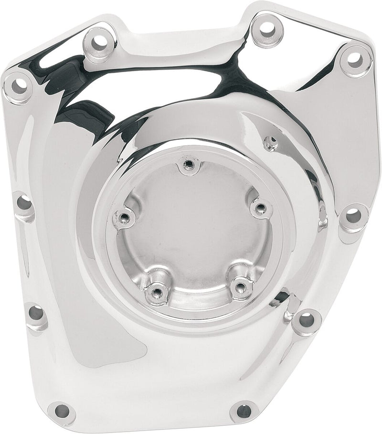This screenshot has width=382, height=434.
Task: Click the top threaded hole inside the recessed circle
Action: (x=189, y=165)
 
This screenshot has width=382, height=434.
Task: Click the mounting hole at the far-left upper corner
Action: (x=18, y=86)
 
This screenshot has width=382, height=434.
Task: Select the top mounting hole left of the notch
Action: (x=99, y=42)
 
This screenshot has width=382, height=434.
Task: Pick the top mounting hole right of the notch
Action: (x=267, y=30)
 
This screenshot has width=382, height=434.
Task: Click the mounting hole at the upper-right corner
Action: (x=354, y=60)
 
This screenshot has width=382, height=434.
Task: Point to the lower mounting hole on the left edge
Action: (x=35, y=313)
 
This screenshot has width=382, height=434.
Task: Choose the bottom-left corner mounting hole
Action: (x=62, y=411)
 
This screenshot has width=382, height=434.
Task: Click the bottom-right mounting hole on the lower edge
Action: (x=243, y=411)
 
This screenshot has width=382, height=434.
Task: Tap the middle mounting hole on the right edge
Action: (x=353, y=215)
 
